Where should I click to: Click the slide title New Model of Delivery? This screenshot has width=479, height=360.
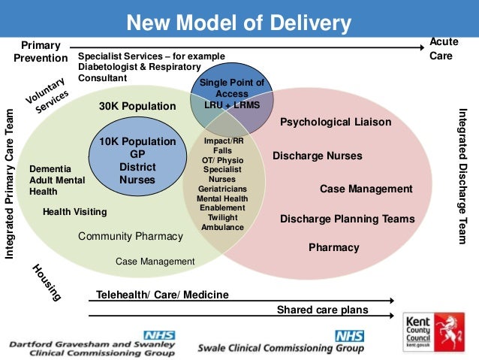point(239,24)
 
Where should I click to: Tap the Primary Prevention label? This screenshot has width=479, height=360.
point(41,52)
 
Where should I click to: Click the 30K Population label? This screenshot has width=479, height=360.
point(137,107)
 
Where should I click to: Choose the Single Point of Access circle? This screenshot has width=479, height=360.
point(232,94)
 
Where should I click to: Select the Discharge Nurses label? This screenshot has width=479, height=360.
point(317,156)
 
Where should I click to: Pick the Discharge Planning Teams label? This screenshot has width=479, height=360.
point(347,219)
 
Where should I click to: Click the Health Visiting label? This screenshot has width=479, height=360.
point(74,212)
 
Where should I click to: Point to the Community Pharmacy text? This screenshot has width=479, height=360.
point(131,237)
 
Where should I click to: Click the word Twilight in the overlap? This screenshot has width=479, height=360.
point(223,217)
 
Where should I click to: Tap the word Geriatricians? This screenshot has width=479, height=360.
point(223,189)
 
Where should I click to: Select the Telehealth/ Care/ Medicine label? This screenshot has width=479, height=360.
point(163,294)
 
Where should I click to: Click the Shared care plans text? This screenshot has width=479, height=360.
point(322,310)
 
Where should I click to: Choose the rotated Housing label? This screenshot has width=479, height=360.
point(47,283)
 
